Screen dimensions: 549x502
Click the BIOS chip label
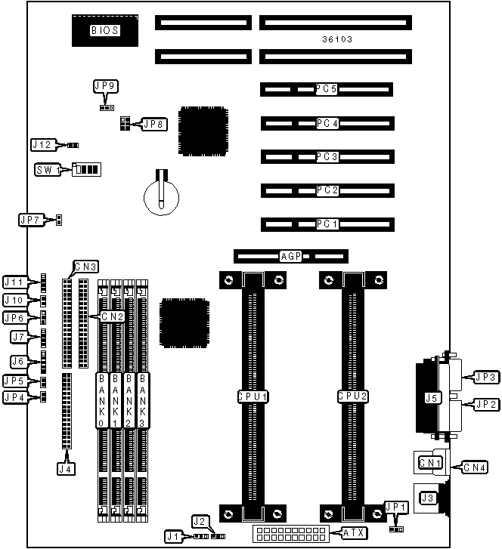[x=105, y=31]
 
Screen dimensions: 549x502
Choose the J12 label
[x=42, y=144]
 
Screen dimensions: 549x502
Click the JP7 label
[x=30, y=220]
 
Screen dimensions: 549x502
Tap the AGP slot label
[x=290, y=257]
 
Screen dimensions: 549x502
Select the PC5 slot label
[x=327, y=89]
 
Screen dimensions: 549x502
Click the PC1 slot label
[x=327, y=224]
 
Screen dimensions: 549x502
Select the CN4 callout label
[x=480, y=466]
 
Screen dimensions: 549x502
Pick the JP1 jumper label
[x=395, y=507]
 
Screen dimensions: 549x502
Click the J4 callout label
[x=67, y=469]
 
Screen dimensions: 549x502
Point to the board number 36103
[x=336, y=39]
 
